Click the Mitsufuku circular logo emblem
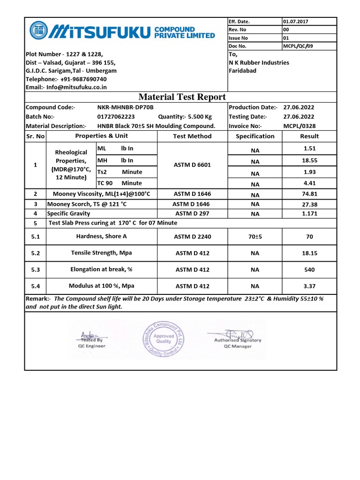pyautogui.click(x=39, y=31)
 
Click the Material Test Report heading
pyautogui.click(x=182, y=97)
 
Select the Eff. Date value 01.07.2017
pyautogui.click(x=296, y=22)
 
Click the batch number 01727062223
pyautogui.click(x=116, y=117)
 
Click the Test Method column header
pyautogui.click(x=192, y=136)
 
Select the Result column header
pyautogui.click(x=309, y=136)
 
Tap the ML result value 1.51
pyautogui.click(x=309, y=149)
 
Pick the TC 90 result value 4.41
pyautogui.click(x=309, y=183)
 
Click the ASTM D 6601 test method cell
pyautogui.click(x=192, y=165)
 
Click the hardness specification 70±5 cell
pyautogui.click(x=255, y=237)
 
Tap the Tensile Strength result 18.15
pyautogui.click(x=309, y=253)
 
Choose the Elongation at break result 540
pyautogui.click(x=309, y=270)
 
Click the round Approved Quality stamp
pyautogui.click(x=164, y=339)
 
